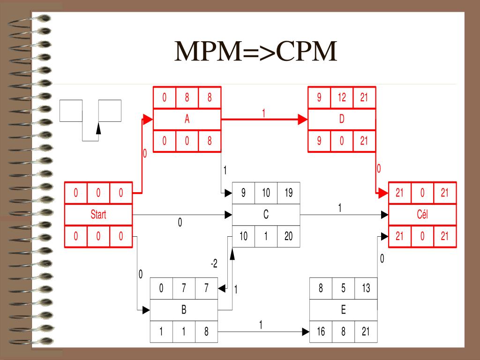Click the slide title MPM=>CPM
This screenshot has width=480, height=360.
pos(256,52)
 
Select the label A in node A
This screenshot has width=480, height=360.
pos(187,119)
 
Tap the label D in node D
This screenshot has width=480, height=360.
pos(342,119)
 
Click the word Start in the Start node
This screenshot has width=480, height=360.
pos(98,215)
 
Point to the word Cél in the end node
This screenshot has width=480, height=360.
pos(422,215)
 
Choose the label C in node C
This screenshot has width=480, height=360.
pos(266,215)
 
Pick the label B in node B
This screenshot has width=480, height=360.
pos(184,310)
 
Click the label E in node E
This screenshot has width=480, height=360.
pos(343,310)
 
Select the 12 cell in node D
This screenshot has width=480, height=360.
pos(342,97)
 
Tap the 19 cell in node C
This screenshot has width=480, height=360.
pos(288,193)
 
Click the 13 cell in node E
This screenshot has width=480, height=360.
pos(366,288)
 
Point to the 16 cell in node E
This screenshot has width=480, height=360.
pos(321,332)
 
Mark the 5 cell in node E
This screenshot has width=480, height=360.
pos(343,288)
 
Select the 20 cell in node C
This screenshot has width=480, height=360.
pos(288,237)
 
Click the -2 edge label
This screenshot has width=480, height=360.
pos(214,264)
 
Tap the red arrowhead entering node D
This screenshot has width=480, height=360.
pos(303,120)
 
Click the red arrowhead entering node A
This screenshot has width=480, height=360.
pos(148,120)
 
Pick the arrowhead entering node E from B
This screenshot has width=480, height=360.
pos(306,332)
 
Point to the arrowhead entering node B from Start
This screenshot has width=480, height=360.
pos(146,310)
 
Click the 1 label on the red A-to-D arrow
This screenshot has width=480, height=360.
pos(264,113)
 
